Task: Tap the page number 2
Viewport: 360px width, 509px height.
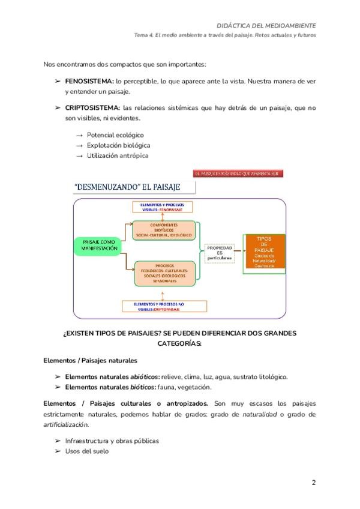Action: click(x=314, y=483)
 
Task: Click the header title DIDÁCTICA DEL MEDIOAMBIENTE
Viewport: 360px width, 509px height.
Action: click(x=266, y=26)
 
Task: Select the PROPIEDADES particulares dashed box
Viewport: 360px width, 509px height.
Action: click(x=219, y=254)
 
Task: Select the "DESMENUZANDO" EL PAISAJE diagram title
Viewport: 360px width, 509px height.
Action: click(x=134, y=187)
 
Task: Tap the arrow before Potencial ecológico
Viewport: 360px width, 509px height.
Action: click(x=79, y=136)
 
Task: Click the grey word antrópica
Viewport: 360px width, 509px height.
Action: click(x=134, y=156)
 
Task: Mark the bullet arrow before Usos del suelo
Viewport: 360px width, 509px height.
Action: click(x=58, y=451)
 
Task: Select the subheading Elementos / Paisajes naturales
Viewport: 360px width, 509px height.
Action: click(x=91, y=361)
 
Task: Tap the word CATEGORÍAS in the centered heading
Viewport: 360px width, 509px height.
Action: click(x=179, y=344)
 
